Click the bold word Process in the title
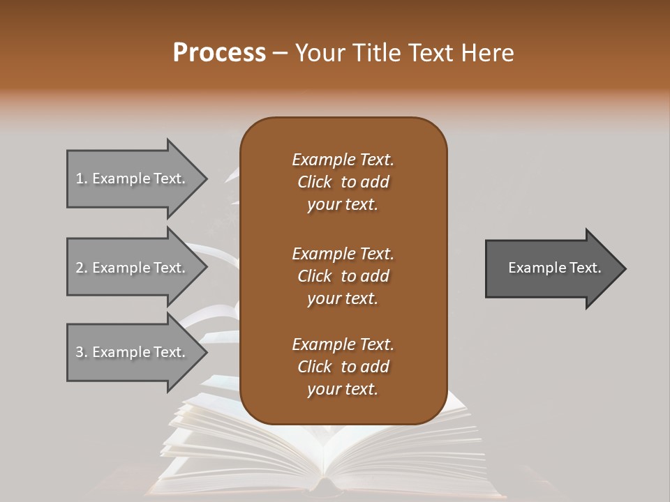pyautogui.click(x=219, y=52)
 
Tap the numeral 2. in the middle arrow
pyautogui.click(x=81, y=268)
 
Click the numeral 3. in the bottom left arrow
pyautogui.click(x=81, y=352)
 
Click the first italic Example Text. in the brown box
pyautogui.click(x=343, y=160)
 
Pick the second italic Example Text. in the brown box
pyautogui.click(x=343, y=253)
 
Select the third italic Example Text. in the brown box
pyautogui.click(x=343, y=344)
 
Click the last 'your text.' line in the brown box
pyautogui.click(x=343, y=389)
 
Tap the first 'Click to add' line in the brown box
pyautogui.click(x=343, y=182)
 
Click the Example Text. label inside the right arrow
pyautogui.click(x=555, y=268)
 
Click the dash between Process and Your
pyautogui.click(x=281, y=53)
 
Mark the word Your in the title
pyautogui.click(x=318, y=52)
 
